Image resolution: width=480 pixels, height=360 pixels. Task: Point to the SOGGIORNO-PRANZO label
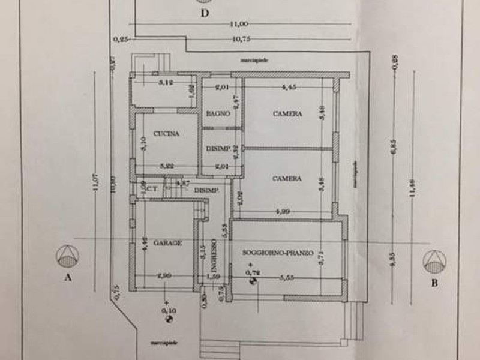click(x=278, y=253)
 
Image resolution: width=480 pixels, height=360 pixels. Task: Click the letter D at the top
click(x=205, y=14)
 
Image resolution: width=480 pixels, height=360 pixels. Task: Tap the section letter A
click(x=68, y=278)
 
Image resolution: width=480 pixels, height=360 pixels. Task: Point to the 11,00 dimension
click(x=239, y=24)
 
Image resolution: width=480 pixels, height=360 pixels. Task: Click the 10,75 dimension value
click(x=239, y=40)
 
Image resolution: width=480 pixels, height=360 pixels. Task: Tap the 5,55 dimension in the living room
click(x=289, y=278)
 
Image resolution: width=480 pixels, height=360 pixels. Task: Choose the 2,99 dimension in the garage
click(x=164, y=275)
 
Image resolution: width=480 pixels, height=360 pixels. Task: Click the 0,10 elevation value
click(x=170, y=310)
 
